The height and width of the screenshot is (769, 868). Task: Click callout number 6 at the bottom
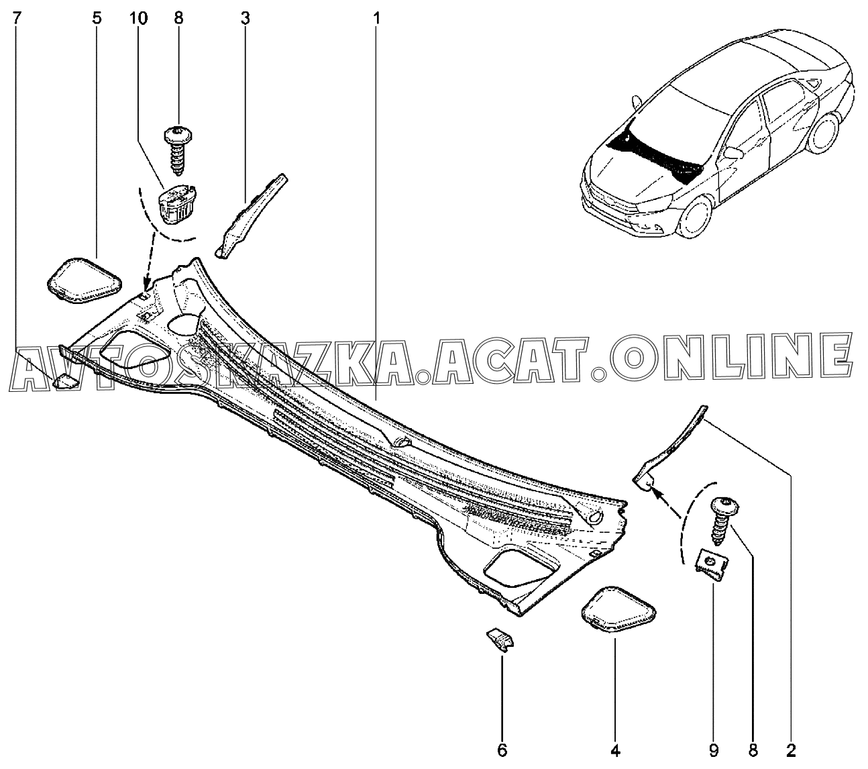(x=502, y=749)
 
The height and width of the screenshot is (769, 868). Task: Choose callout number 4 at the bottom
(x=615, y=749)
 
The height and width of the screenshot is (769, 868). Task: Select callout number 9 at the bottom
(x=714, y=749)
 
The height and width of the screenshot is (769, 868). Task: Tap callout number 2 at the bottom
(x=792, y=749)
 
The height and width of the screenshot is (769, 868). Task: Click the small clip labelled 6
(x=500, y=639)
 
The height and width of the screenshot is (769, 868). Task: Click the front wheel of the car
(x=696, y=217)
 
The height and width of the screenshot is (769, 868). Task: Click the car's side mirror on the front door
(x=733, y=153)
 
